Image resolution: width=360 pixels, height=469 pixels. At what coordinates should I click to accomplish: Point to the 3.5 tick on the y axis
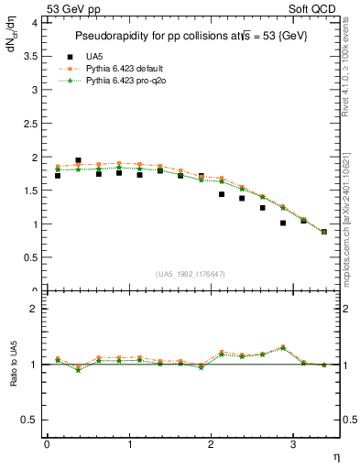pos(32,57)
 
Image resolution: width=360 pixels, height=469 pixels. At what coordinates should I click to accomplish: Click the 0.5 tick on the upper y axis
pos(32,257)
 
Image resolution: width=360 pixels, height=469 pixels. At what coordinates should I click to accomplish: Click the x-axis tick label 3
pos(292,444)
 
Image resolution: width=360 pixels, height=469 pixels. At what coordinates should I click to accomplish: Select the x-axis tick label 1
pos(128,444)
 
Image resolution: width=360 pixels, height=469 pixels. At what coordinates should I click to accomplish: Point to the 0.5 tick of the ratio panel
pos(32,420)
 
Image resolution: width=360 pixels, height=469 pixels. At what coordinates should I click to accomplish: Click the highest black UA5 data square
pos(78,160)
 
